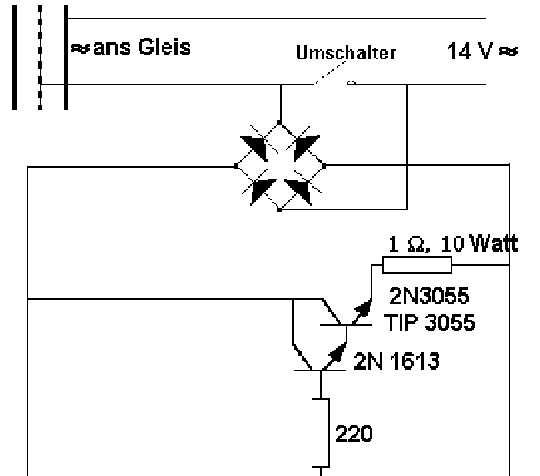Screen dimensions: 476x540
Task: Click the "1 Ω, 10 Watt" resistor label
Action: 454,244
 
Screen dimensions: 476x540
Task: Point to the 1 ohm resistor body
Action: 416,266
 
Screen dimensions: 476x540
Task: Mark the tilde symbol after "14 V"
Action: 508,51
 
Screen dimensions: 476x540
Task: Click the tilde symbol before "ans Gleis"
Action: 76,48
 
